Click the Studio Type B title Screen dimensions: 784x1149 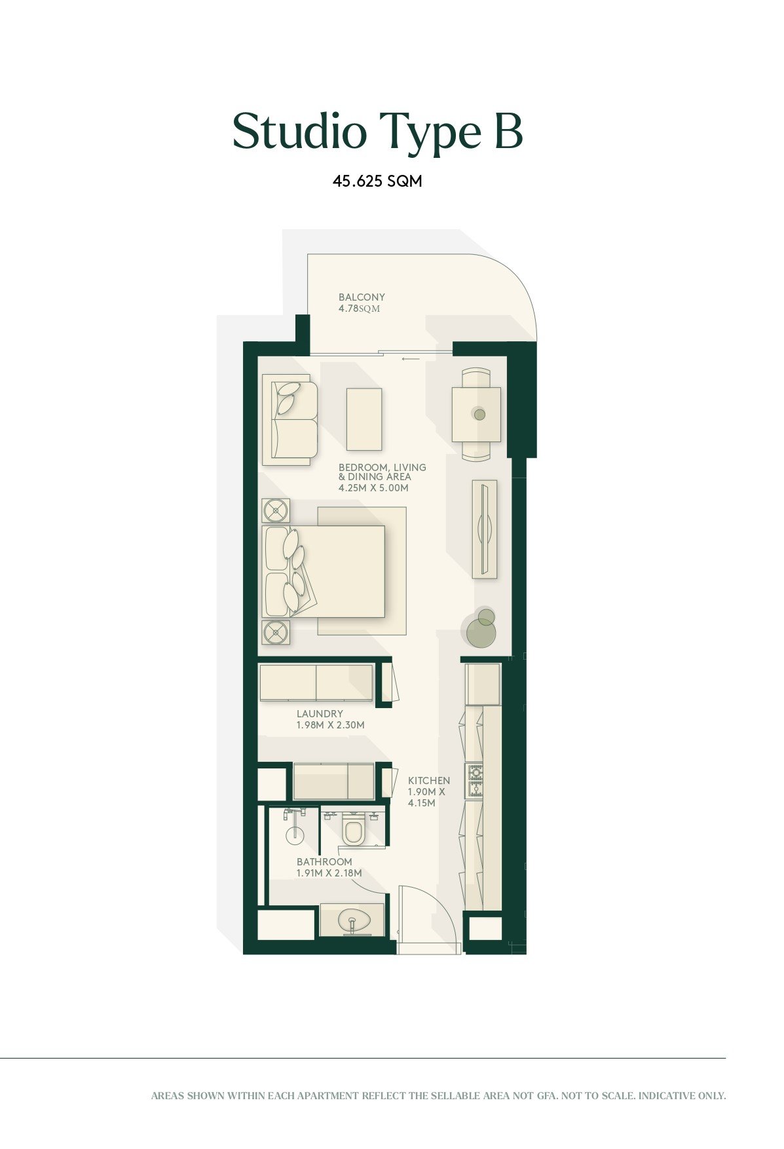point(377,132)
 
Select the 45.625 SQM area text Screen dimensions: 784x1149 point(377,181)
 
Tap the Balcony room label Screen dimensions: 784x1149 point(362,297)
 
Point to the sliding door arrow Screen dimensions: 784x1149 point(411,359)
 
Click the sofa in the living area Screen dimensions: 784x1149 point(289,420)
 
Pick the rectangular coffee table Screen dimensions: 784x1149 point(364,419)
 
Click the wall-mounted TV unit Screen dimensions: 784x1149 point(484,529)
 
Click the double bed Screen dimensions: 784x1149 point(324,571)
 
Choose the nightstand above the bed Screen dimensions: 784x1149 point(276,510)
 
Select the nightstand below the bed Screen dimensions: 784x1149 point(276,632)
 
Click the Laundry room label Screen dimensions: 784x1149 point(320,714)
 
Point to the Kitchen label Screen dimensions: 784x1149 point(429,781)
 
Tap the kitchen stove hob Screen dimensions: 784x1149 point(474,781)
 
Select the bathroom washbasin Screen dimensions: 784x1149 point(352,920)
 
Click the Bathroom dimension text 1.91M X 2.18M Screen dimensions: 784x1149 point(329,873)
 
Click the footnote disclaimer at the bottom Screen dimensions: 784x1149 point(438,1095)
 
